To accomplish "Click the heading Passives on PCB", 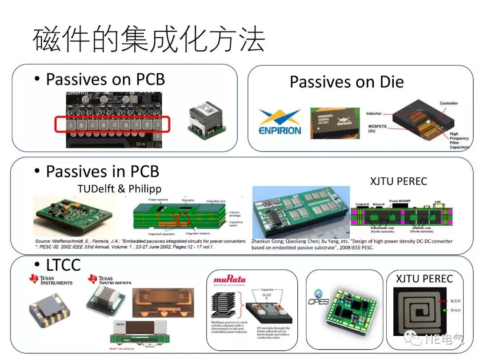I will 105,80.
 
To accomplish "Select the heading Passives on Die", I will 347,82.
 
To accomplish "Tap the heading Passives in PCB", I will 103,172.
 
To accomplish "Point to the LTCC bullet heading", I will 63,265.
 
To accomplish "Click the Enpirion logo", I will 280,122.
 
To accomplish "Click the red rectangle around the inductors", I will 112,124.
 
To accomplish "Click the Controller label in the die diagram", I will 448,104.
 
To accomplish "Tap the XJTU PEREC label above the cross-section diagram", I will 398,181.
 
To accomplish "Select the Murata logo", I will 229,280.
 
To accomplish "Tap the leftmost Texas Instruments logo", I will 51,280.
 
